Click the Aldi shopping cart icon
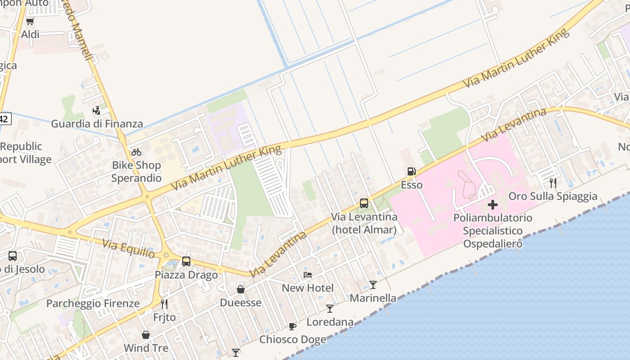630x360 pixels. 30,21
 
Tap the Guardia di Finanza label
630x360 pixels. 97,124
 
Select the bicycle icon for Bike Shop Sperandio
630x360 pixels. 136,152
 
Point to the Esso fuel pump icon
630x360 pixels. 411,171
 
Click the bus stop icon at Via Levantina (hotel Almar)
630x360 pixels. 364,203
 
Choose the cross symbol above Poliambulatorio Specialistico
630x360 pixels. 493,205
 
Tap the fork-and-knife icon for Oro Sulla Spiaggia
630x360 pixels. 553,183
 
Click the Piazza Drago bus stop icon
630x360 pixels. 186,261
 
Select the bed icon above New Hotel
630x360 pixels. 308,274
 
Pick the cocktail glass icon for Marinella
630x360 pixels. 373,284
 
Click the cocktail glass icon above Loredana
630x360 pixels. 330,309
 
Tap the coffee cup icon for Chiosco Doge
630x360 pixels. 292,326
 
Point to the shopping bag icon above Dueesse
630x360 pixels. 241,289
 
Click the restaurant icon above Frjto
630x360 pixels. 164,304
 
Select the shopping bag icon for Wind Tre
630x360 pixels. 146,335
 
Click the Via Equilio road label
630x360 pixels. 129,249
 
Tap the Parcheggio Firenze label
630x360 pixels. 93,303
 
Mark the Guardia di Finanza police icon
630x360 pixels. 97,110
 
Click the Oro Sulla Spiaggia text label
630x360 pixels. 553,196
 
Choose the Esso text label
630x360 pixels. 412,185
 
